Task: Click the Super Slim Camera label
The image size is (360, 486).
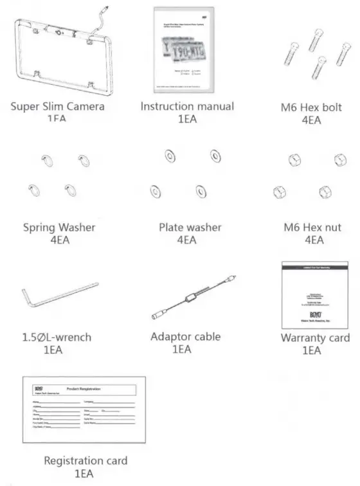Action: tap(57, 105)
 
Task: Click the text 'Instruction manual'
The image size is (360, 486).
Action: tap(187, 105)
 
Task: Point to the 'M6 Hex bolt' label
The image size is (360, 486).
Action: tap(311, 107)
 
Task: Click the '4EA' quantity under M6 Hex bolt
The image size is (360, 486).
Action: tap(311, 120)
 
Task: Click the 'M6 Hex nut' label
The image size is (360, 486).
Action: tap(312, 228)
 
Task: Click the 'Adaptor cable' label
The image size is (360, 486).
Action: tap(185, 336)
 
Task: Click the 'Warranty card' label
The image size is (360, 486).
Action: tap(315, 337)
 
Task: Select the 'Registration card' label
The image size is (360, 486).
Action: tap(85, 460)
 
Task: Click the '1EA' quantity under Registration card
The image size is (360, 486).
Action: tap(85, 474)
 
